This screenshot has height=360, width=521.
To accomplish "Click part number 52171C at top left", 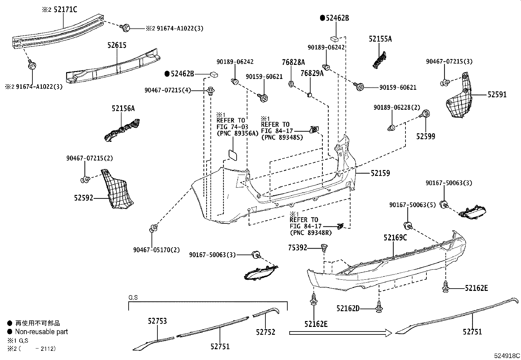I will click(64, 10).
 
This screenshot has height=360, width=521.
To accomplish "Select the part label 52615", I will click(117, 45).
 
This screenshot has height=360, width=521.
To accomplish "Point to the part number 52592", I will click(83, 198).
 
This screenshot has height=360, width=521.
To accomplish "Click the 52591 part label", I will click(497, 95).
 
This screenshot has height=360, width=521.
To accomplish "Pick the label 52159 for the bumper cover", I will click(380, 173).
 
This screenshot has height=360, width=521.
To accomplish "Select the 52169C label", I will click(395, 238).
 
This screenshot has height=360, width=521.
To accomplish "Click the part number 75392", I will click(297, 248).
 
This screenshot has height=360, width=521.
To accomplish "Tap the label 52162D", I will click(348, 308).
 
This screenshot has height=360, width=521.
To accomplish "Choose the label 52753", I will click(157, 321).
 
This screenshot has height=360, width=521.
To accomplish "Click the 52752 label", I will click(265, 332).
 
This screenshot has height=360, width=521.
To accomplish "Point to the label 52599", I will click(426, 136).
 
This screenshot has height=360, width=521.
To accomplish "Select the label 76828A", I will click(294, 62).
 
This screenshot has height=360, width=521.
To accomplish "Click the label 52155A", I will click(380, 39).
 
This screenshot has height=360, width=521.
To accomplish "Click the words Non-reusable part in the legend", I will click(41, 332).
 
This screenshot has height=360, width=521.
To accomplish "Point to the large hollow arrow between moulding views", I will click(340, 333).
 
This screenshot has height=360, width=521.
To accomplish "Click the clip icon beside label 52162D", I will click(379, 307).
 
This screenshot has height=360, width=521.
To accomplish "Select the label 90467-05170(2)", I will click(156, 250).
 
